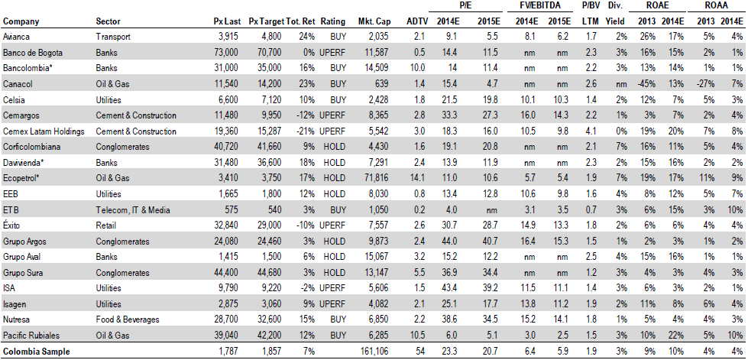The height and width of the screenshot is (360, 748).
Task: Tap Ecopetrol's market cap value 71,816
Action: [375, 179]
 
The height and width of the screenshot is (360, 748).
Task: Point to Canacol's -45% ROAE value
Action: [649, 84]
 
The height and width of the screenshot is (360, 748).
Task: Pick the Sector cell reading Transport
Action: [113, 37]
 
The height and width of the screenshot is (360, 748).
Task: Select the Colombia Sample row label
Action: [36, 352]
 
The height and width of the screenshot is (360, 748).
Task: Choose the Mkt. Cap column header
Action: [374, 21]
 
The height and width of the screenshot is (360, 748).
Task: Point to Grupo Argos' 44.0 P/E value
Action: [455, 242]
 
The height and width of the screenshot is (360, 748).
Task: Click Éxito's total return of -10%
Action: [306, 225]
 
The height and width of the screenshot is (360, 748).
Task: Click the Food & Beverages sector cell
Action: [128, 320]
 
